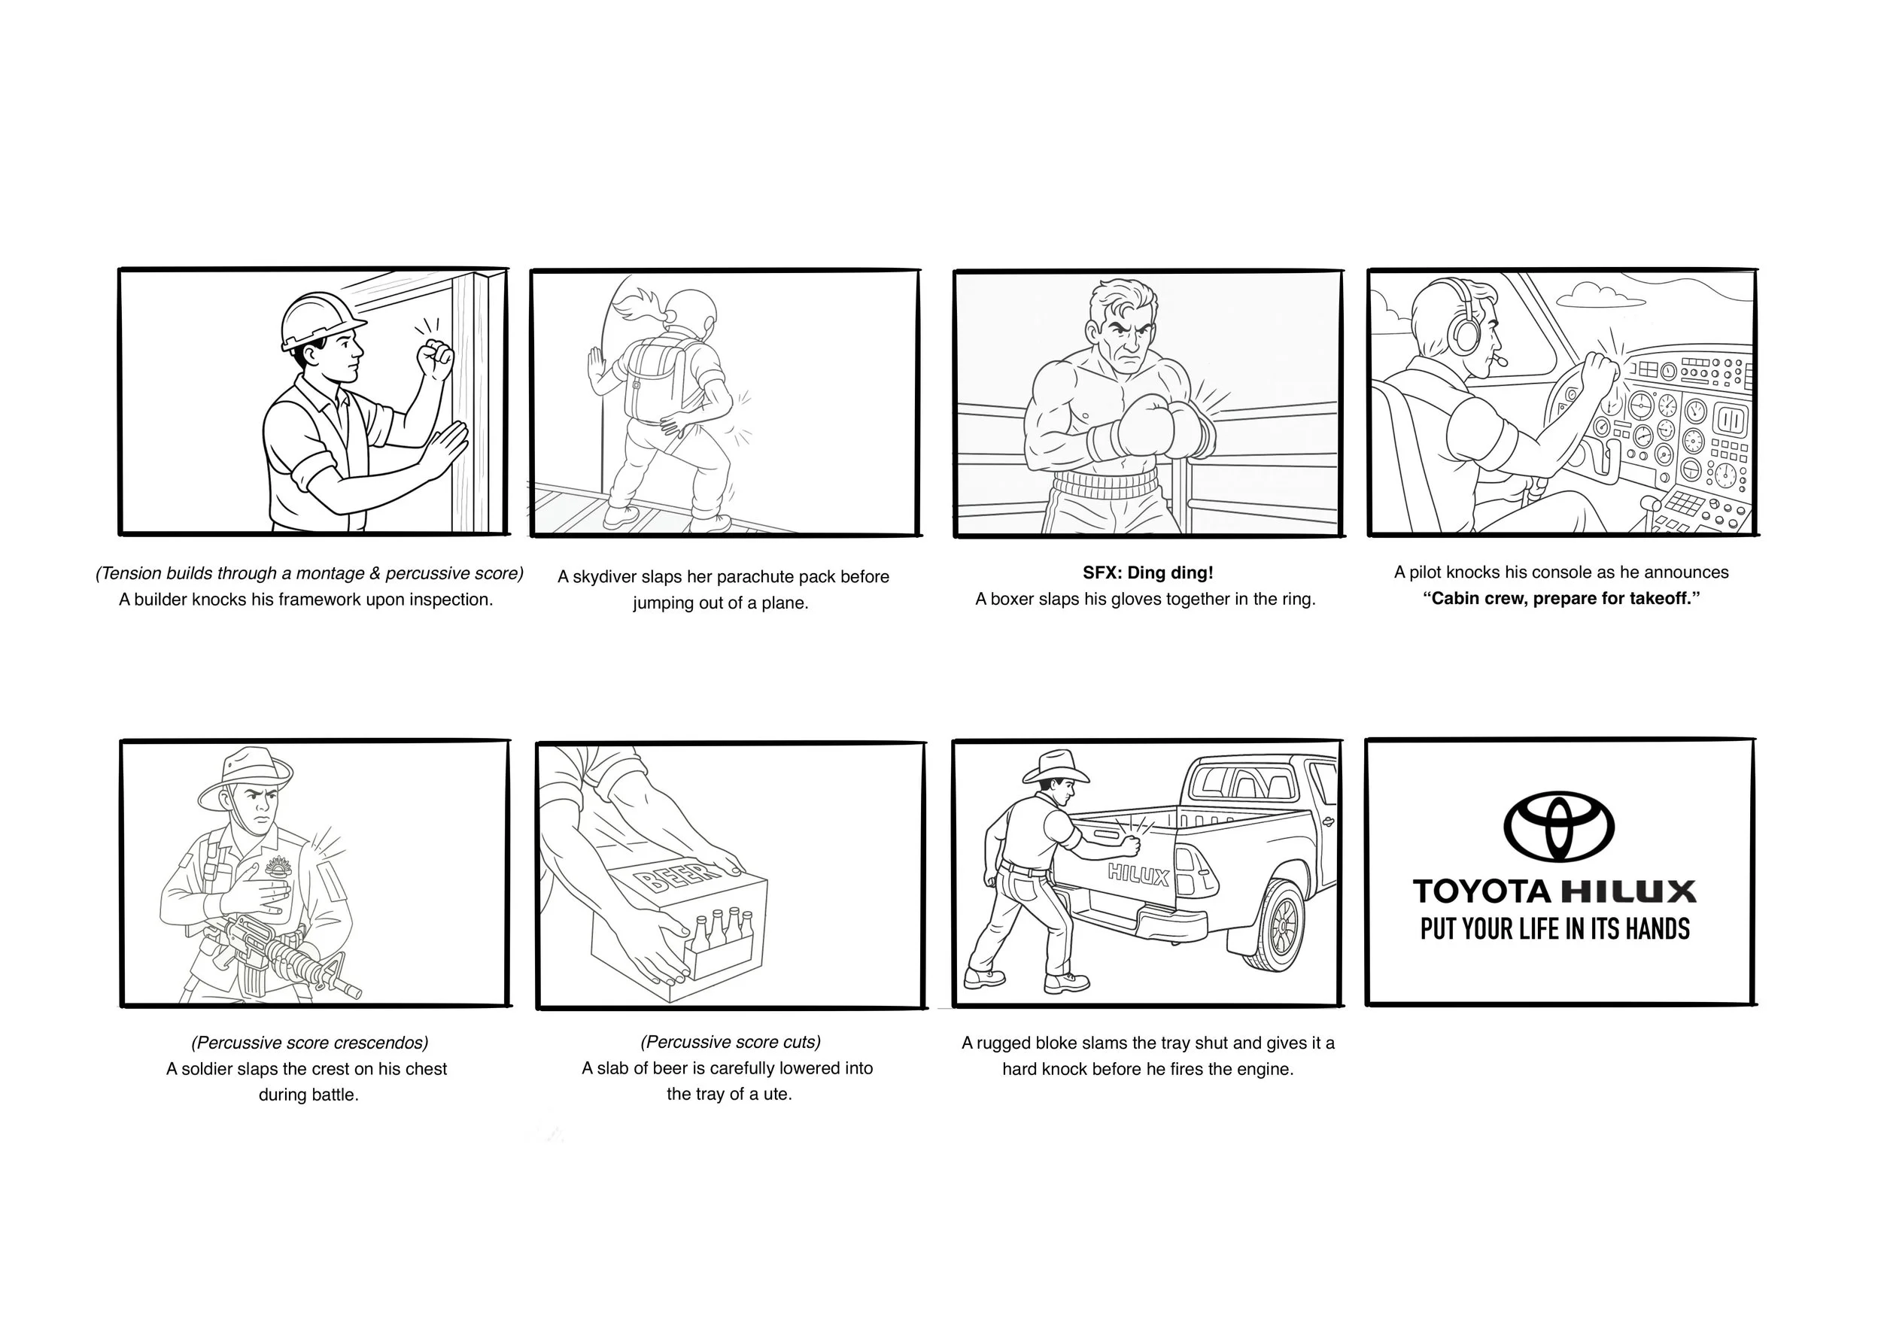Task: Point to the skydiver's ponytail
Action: pyautogui.click(x=635, y=307)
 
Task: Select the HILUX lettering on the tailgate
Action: pyautogui.click(x=1139, y=876)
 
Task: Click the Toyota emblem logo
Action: pyautogui.click(x=1558, y=826)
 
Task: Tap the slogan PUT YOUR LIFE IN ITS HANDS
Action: pyautogui.click(x=1555, y=929)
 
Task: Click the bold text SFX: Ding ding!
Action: pyautogui.click(x=1147, y=572)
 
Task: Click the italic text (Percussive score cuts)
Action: pyautogui.click(x=730, y=1042)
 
